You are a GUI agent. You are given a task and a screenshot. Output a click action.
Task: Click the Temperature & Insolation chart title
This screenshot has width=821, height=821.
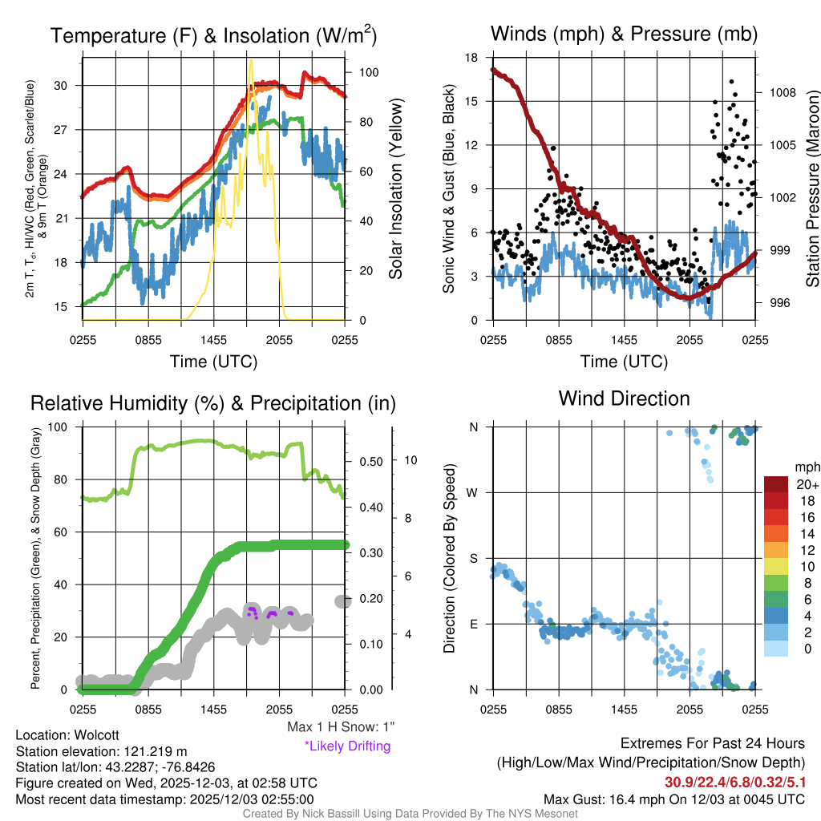[214, 35]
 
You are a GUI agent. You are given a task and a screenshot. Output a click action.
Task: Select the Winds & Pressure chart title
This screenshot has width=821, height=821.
[624, 34]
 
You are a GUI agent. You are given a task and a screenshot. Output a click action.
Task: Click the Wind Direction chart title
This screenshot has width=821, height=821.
[624, 398]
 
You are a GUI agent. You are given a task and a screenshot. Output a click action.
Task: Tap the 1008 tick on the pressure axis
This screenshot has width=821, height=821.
[782, 92]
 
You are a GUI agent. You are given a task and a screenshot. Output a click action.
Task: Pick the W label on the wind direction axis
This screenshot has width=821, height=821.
[473, 492]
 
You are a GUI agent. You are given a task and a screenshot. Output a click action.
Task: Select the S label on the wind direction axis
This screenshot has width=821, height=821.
[474, 558]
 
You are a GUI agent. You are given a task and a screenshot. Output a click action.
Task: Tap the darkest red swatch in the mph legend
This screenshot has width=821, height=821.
[778, 484]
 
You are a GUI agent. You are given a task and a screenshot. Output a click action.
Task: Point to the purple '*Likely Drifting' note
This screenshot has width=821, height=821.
[347, 746]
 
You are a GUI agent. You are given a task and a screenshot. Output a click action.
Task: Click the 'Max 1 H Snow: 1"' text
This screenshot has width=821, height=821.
[341, 727]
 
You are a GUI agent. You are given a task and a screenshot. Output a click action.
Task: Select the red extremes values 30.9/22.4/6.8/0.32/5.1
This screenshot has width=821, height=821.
[734, 781]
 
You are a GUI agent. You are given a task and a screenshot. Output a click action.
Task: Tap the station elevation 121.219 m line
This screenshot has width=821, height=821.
[101, 751]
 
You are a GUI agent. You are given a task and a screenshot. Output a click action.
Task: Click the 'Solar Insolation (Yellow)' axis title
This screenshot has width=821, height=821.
[396, 189]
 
